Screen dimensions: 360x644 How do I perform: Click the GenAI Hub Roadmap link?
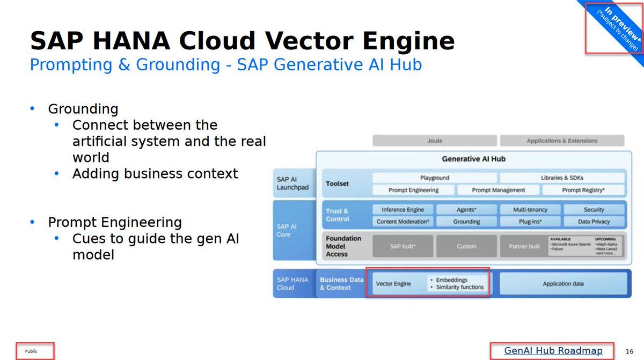[553, 351]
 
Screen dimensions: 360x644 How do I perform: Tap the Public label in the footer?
[31, 351]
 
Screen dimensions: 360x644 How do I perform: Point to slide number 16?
[630, 351]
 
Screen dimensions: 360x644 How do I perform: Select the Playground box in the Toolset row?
[435, 178]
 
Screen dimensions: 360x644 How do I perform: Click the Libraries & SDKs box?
[562, 178]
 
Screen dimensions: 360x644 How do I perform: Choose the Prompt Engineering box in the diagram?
[413, 190]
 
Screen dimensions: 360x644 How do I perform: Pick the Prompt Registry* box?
[583, 190]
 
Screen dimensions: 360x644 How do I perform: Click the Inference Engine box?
[402, 210]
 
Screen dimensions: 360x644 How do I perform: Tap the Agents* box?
[466, 210]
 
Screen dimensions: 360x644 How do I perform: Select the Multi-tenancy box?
[530, 210]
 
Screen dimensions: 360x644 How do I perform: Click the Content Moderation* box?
[402, 222]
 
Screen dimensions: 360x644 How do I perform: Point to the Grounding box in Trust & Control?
[466, 222]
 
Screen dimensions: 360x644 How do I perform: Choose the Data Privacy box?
[594, 222]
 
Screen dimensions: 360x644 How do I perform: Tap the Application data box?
[562, 283]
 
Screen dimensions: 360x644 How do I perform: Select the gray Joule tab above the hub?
[435, 141]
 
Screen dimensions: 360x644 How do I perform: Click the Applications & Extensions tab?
[562, 141]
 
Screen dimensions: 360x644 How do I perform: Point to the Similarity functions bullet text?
[459, 288]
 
